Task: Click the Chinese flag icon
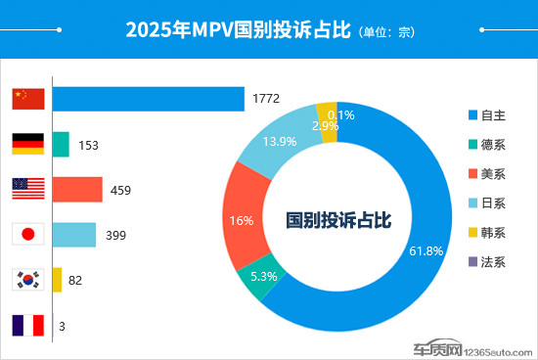[28, 99]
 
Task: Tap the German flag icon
[28, 144]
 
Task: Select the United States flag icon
[28, 189]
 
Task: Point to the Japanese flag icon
[28, 235]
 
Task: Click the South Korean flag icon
[28, 280]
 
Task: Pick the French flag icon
[28, 325]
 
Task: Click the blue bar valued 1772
[148, 99]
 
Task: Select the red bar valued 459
[77, 189]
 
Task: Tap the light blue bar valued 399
[74, 235]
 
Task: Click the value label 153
[89, 145]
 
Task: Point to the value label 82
[75, 281]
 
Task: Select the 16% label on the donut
[242, 221]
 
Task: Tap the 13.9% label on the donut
[280, 142]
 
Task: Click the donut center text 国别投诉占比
[338, 221]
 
